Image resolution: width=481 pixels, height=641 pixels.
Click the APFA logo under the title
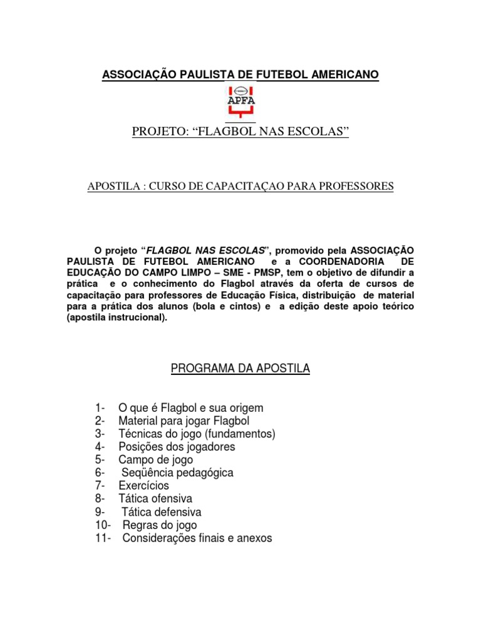[240, 101]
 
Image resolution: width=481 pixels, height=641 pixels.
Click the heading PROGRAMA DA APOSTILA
[240, 369]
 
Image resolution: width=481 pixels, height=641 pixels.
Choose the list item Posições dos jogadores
[177, 447]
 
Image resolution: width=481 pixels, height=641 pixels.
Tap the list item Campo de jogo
[155, 459]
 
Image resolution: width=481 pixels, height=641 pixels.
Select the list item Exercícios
[143, 486]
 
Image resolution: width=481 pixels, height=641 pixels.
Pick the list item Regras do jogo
[160, 525]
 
